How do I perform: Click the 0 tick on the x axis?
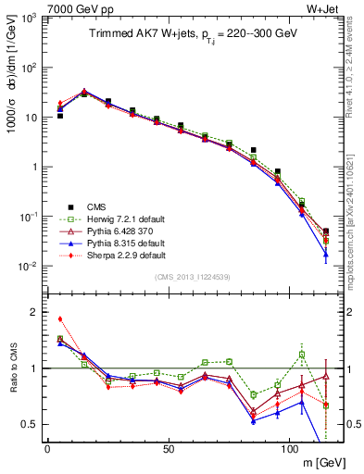click(47, 449)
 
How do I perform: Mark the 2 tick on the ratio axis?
click(35, 312)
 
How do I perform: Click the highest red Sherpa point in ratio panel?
click(59, 318)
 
